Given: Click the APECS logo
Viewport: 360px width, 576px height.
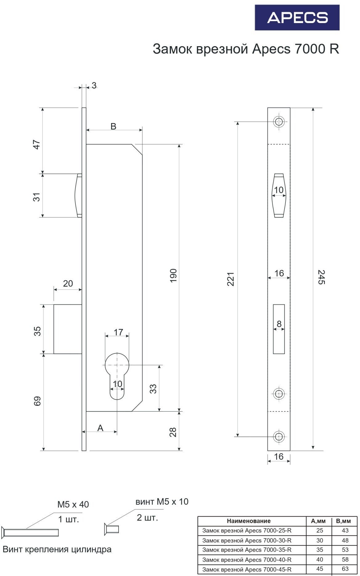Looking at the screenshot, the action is click(x=297, y=18).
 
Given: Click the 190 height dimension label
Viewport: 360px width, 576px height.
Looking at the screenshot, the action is click(x=173, y=275).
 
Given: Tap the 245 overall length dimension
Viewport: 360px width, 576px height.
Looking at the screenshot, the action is click(x=321, y=277).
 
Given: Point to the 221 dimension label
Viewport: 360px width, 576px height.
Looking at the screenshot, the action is click(x=231, y=279).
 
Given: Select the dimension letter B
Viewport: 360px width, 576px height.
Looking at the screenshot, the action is click(x=113, y=126).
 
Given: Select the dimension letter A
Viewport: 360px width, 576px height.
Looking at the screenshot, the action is click(x=100, y=428).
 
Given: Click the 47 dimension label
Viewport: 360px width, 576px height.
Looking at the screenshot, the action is click(x=37, y=145).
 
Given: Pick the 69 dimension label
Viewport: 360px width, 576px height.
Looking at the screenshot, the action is click(x=37, y=401).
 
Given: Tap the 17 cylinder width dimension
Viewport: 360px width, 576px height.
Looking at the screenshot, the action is click(x=118, y=332).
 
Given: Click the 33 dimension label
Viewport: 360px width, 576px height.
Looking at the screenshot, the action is click(x=153, y=389).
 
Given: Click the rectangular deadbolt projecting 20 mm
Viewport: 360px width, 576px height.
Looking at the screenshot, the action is click(x=68, y=329).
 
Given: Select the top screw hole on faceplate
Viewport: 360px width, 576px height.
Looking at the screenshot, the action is click(x=279, y=122).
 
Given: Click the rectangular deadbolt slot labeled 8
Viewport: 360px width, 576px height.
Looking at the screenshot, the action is click(x=279, y=329).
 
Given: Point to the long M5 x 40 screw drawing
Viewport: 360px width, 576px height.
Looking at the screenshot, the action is click(x=30, y=532).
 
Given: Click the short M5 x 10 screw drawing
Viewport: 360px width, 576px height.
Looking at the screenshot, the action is click(x=111, y=529).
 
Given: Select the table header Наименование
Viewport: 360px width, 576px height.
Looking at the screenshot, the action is click(x=249, y=521).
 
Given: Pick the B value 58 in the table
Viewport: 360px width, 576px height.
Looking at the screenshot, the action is click(x=345, y=559).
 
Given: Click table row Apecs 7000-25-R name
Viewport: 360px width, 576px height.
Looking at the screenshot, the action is click(x=247, y=530).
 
